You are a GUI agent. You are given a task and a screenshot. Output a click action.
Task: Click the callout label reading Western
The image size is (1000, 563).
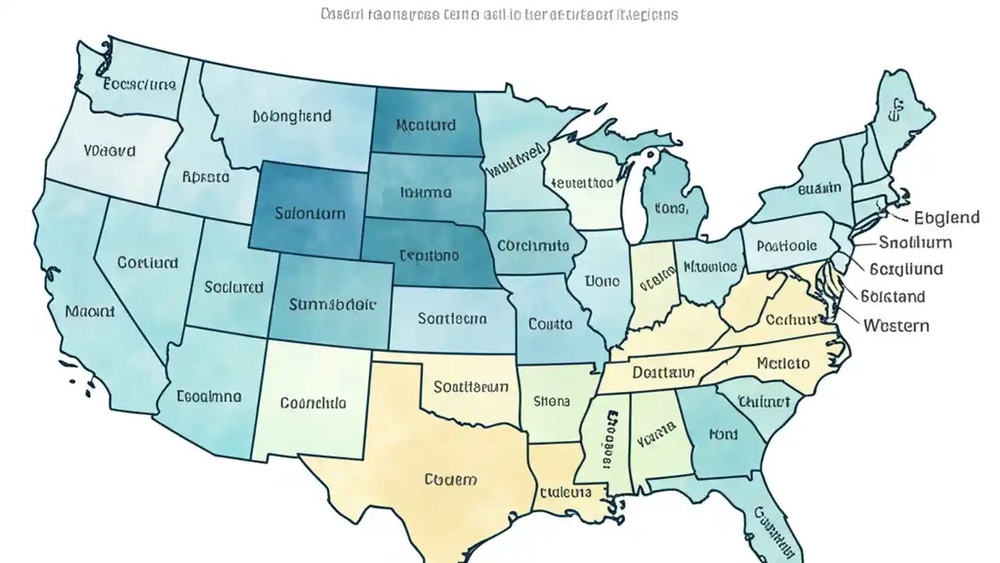896,325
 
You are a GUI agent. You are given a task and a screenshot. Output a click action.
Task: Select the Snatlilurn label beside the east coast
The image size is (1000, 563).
916,242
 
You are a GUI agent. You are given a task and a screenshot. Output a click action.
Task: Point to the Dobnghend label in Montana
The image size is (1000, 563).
292,117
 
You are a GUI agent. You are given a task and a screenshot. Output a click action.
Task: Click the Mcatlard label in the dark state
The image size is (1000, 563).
426,125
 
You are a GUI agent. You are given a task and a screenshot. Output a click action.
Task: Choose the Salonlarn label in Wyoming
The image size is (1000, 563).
309,213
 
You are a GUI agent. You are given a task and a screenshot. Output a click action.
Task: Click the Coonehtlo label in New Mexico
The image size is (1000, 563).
312,403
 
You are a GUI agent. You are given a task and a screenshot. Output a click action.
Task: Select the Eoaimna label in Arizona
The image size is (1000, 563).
209,396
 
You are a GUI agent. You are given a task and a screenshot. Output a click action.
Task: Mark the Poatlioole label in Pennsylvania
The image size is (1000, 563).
787,246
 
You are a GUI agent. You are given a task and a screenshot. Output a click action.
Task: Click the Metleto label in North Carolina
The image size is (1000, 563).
783,364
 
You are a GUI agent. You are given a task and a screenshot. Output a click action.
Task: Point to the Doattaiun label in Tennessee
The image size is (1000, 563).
663,372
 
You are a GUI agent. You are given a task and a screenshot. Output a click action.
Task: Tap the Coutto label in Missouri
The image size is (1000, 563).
550,323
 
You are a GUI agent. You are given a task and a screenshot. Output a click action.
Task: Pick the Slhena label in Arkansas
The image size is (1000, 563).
552,401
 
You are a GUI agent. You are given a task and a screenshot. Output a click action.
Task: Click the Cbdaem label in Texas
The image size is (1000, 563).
450,479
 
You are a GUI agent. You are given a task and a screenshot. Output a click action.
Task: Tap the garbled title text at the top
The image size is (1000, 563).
499,15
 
